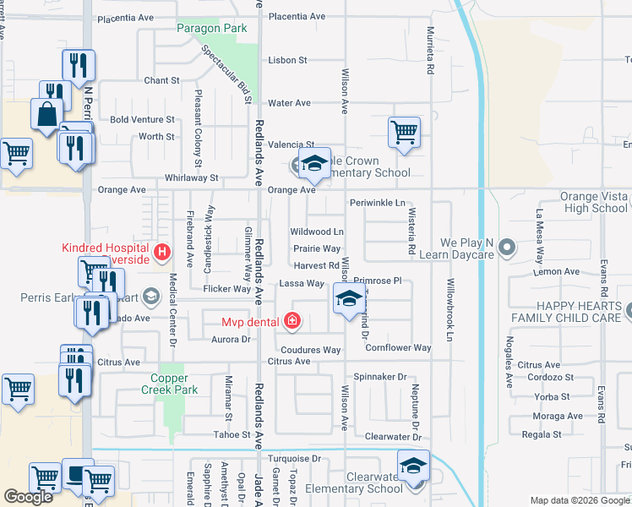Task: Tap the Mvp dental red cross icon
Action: [x=291, y=320]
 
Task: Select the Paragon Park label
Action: [x=212, y=29]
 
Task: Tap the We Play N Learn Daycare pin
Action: [x=507, y=248]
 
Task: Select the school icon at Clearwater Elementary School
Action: [x=413, y=466]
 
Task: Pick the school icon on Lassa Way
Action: [x=348, y=297]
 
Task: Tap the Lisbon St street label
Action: [x=287, y=61]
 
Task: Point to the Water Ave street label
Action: [x=290, y=103]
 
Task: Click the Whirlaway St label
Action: [x=192, y=178]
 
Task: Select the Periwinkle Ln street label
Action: [x=377, y=203]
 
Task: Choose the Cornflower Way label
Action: [x=398, y=347]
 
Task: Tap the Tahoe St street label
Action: [x=235, y=435]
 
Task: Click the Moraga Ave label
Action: [x=557, y=416]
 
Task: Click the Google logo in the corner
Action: [x=28, y=497]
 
